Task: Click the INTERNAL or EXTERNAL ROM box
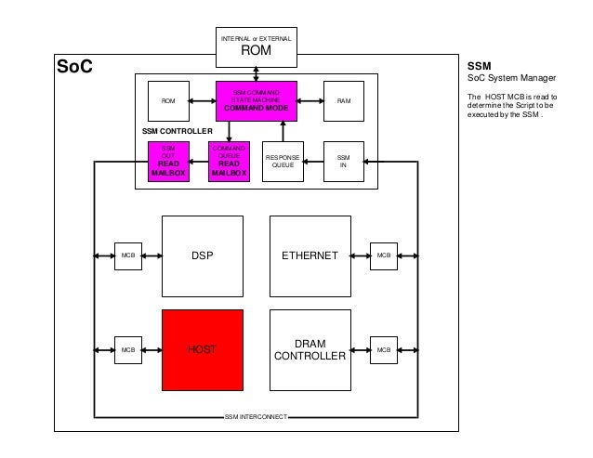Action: [256, 46]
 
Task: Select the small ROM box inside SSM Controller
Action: [168, 100]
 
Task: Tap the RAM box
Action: [342, 100]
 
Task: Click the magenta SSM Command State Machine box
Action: [256, 100]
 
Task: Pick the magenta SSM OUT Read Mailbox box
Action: [168, 161]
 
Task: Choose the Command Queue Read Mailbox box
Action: [229, 161]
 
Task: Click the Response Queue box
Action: [283, 161]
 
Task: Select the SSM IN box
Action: [342, 161]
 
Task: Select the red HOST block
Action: [203, 349]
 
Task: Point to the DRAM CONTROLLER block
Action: [310, 349]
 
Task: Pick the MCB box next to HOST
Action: [126, 349]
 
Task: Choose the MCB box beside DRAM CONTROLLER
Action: [381, 349]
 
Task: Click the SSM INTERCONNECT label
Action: [257, 417]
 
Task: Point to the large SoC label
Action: [74, 68]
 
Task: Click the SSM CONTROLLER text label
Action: [177, 132]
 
